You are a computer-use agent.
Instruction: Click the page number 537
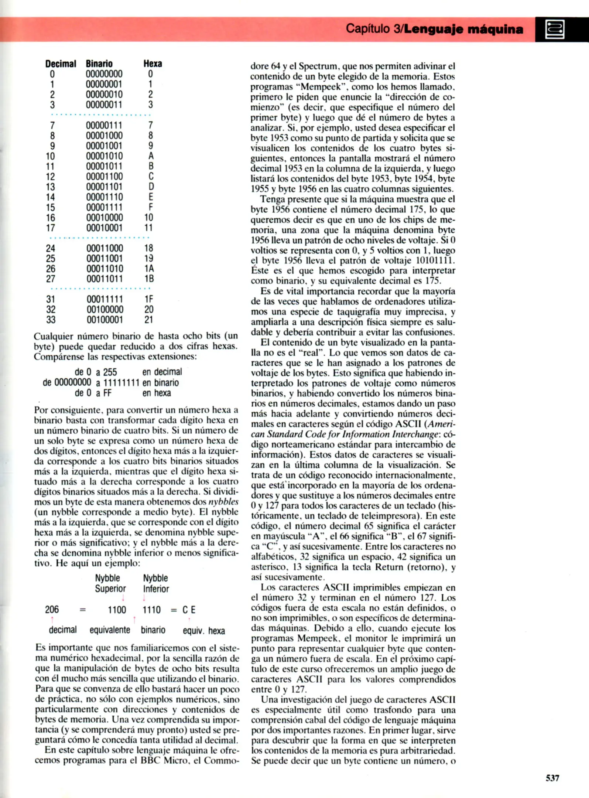pos(552,778)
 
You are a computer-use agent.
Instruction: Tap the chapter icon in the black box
pos(555,30)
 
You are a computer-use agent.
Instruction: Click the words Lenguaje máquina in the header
pos(463,29)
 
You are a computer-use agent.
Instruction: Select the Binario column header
pos(99,64)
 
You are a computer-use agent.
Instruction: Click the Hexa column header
pos(153,64)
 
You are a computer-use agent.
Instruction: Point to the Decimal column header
pos(61,64)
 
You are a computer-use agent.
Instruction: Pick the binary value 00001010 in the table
pos(105,156)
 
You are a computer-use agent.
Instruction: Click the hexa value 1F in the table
pos(149,299)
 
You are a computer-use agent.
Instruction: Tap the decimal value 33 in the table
pos(51,320)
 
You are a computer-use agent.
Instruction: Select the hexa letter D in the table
pos(151,187)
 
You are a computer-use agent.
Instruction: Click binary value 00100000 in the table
pos(105,310)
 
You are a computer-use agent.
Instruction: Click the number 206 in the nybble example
pos(52,610)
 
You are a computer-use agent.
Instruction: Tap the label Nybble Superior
pos(110,583)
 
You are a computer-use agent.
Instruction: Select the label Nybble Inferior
pos(156,583)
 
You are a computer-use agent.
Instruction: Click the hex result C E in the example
pos(189,610)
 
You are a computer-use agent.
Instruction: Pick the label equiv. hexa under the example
pos(204,631)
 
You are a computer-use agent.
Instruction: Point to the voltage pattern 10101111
pos(435,261)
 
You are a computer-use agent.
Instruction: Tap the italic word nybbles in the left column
pos(223,502)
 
